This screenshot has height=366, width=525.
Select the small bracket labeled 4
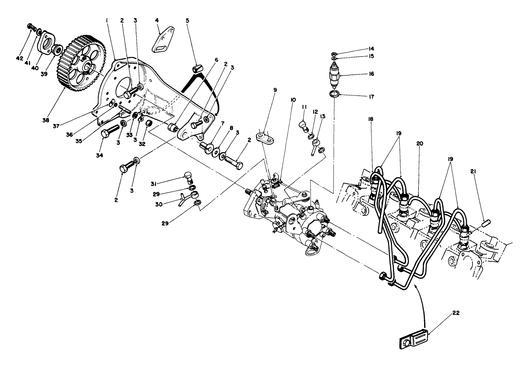pos(162,44)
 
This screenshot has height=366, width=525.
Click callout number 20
pos(419,143)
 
